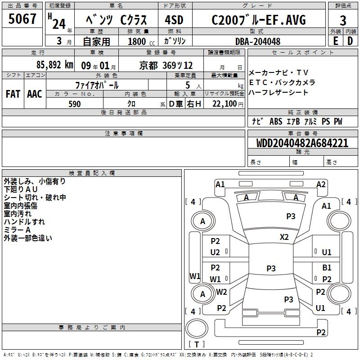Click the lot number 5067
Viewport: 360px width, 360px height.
(22, 19)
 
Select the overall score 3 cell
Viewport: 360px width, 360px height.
(343, 20)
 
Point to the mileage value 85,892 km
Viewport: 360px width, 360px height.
(55, 65)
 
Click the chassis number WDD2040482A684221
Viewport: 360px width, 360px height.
(302, 143)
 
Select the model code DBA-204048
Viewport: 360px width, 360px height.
(258, 41)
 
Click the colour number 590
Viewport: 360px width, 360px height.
(75, 104)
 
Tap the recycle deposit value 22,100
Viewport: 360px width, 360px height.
(225, 104)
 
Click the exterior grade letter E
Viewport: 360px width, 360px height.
(335, 41)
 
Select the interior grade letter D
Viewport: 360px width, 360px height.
(350, 41)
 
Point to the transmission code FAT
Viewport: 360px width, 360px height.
(13, 94)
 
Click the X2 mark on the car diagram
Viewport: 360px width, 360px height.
(284, 237)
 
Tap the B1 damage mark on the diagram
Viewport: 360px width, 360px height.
(327, 268)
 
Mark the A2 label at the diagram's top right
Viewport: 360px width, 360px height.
(321, 184)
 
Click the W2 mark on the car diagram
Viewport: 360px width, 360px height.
(221, 292)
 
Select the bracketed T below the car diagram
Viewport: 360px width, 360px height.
(197, 344)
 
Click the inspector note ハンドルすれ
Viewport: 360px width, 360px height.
(24, 222)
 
